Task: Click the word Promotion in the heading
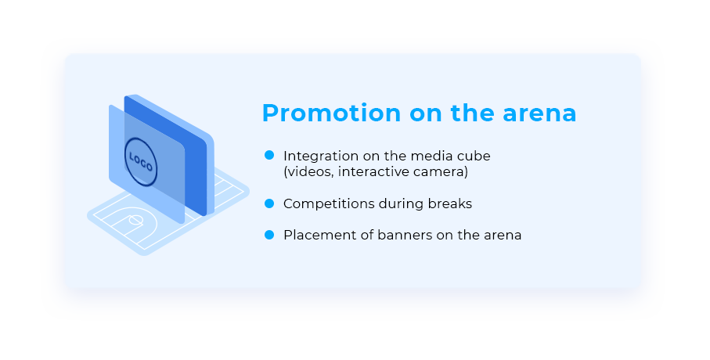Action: point(331,113)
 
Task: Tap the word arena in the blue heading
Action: point(539,114)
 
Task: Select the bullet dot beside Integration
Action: point(269,155)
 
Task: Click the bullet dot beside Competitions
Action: point(269,203)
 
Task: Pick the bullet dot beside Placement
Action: point(269,235)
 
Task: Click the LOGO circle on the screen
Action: point(141,161)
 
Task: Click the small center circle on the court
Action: point(136,221)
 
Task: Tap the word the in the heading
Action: point(472,113)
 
